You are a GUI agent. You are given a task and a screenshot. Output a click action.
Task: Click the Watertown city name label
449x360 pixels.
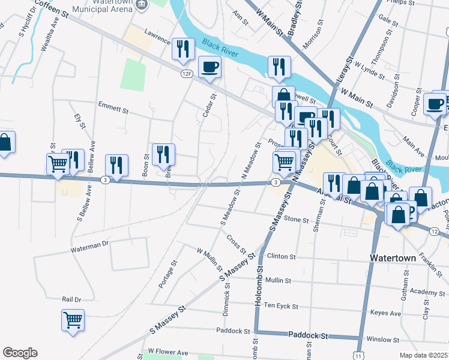point(392,258)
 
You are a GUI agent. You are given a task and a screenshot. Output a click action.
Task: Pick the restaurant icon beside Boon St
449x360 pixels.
point(163,154)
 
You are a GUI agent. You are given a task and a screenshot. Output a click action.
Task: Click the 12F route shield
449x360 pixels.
point(187,73)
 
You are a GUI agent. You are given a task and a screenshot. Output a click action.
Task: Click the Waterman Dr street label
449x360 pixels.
point(89,245)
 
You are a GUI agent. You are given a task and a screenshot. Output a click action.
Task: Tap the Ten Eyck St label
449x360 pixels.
point(281,306)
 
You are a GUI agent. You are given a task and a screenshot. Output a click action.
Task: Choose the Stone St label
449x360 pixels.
point(295,219)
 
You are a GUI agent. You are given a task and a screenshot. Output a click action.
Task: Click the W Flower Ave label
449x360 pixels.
point(168,352)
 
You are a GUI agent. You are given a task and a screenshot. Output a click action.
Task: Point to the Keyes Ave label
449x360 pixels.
point(385,313)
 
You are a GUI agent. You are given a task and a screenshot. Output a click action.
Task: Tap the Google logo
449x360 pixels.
point(20,353)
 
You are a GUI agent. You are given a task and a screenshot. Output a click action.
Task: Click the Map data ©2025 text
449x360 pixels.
point(423,355)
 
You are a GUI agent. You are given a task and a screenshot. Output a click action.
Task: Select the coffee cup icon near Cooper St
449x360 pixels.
point(435,103)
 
